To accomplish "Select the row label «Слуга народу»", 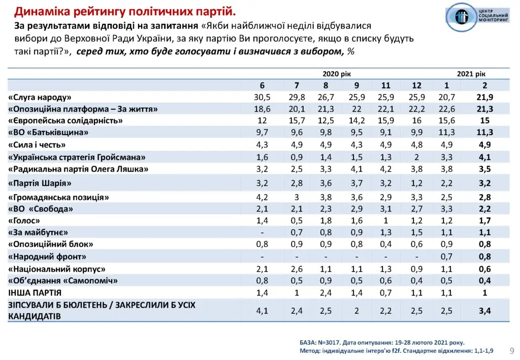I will tap(40, 97).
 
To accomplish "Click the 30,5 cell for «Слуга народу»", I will tap(262, 97).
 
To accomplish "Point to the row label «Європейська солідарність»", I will tap(66, 121).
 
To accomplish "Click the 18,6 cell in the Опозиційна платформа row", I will tap(262, 109).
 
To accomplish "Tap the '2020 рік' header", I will tap(337, 74).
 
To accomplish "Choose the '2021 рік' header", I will tap(471, 74).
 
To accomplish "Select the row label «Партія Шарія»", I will tap(40, 183).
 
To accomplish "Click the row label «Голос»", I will tap(24, 221).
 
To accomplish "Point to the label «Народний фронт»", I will tap(47, 257).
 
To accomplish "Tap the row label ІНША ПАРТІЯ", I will tap(35, 293).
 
